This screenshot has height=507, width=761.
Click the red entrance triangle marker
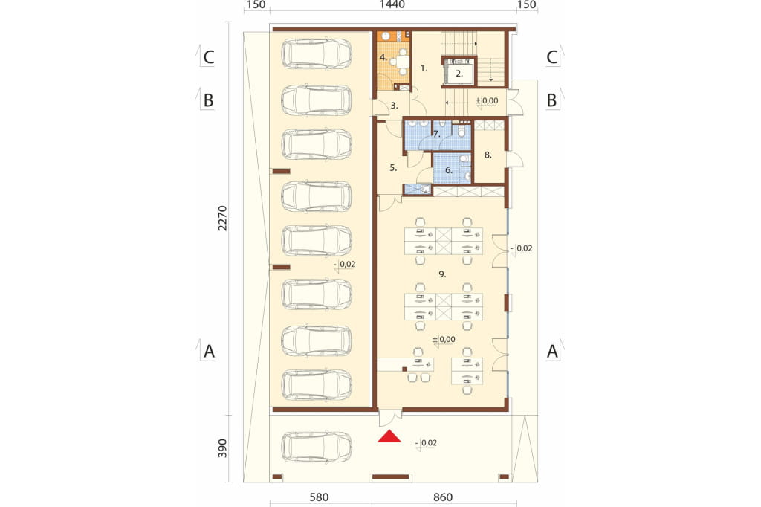[x=389, y=436]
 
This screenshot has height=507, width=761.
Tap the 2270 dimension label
[x=221, y=218]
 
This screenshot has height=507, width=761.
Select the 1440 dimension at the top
[x=392, y=5]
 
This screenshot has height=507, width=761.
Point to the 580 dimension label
[x=319, y=497]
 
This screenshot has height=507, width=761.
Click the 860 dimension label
[x=443, y=497]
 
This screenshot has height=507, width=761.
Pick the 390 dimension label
[x=221, y=449]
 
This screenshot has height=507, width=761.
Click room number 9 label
[x=441, y=274]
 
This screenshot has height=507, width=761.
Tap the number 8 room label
[x=488, y=155]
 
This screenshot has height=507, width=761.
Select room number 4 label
[x=383, y=58]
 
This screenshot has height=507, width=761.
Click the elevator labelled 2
[x=459, y=74]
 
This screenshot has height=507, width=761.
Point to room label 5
[x=393, y=168]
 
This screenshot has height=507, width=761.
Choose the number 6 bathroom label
[x=448, y=170]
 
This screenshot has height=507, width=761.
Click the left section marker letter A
[x=209, y=351]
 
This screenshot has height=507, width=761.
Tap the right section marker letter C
[x=552, y=57]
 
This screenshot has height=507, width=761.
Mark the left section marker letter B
[x=208, y=100]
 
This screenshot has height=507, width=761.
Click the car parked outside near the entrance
[x=317, y=447]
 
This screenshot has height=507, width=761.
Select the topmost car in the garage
[x=317, y=54]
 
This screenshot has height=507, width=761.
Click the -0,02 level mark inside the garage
[x=345, y=265]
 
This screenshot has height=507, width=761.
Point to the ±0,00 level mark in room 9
[x=444, y=340]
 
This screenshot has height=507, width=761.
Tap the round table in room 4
[x=402, y=62]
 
